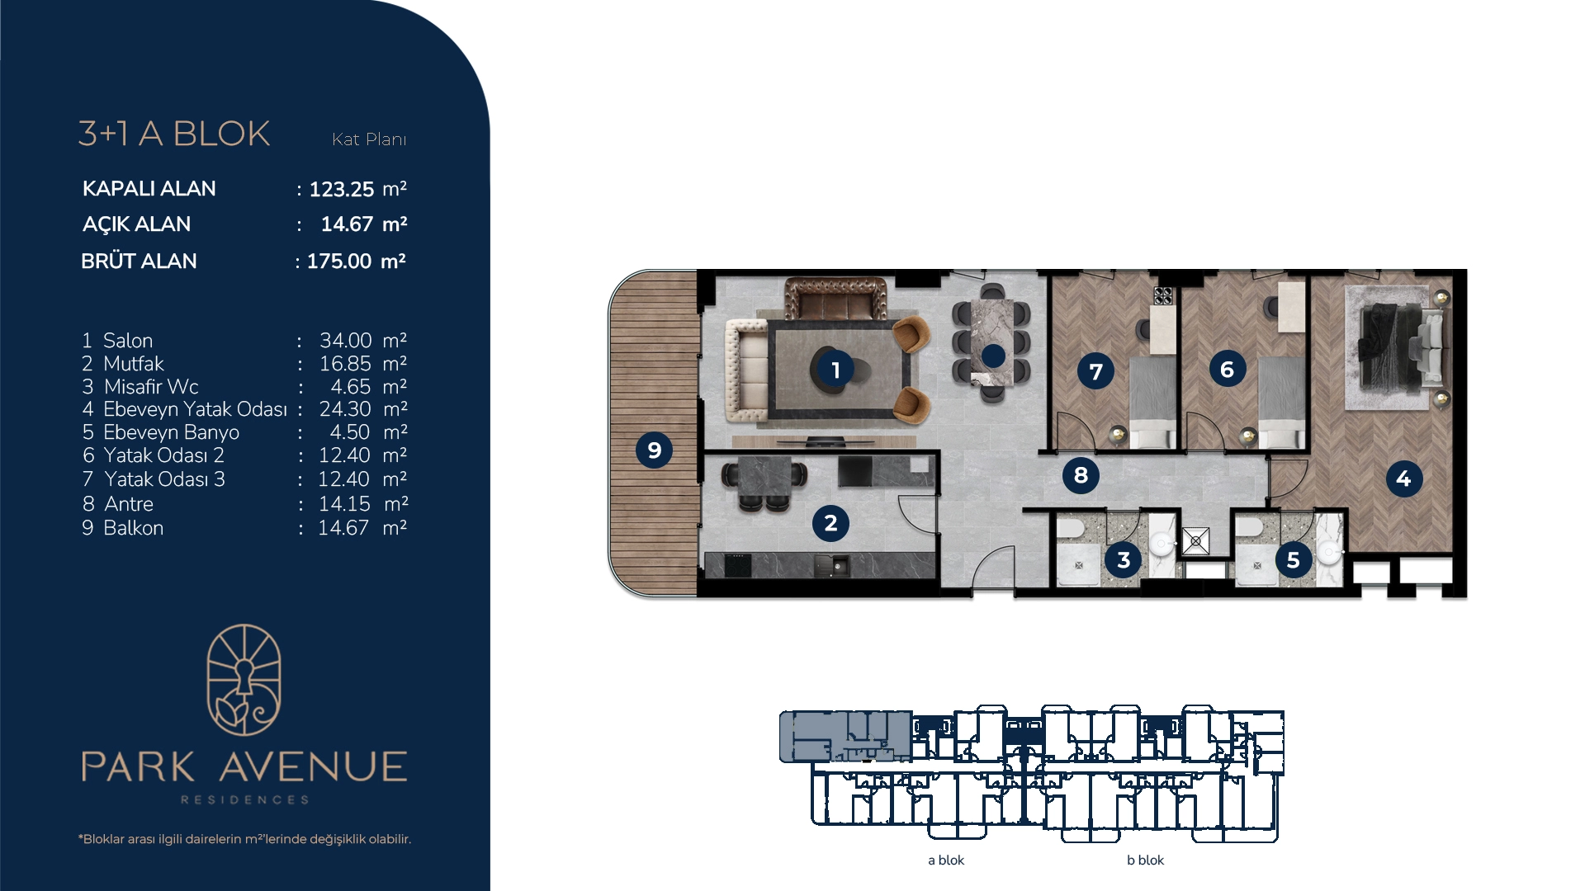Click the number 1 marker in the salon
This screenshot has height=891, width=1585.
click(x=835, y=370)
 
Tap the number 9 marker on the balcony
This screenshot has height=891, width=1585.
click(x=655, y=450)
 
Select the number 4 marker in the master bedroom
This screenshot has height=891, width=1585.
click(x=1403, y=478)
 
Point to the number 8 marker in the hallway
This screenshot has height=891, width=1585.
click(x=1081, y=474)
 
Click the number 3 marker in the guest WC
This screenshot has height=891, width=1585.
click(x=1124, y=560)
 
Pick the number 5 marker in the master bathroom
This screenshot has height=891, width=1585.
click(x=1294, y=560)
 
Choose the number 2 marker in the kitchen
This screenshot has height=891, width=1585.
click(x=830, y=523)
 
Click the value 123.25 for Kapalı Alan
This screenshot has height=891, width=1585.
click(x=342, y=190)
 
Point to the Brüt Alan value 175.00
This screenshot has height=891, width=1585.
click(x=339, y=262)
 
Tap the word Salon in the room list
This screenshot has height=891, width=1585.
click(x=128, y=341)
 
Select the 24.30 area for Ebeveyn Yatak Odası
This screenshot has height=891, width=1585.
click(x=345, y=409)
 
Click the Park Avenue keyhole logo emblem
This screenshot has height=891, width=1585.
click(x=244, y=680)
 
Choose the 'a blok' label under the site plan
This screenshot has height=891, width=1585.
click(x=946, y=860)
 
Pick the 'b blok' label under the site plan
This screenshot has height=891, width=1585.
click(x=1146, y=860)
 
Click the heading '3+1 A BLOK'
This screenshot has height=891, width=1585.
click(x=174, y=134)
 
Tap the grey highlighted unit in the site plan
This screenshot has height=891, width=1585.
click(x=845, y=736)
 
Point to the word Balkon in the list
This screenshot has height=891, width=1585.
click(x=134, y=528)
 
